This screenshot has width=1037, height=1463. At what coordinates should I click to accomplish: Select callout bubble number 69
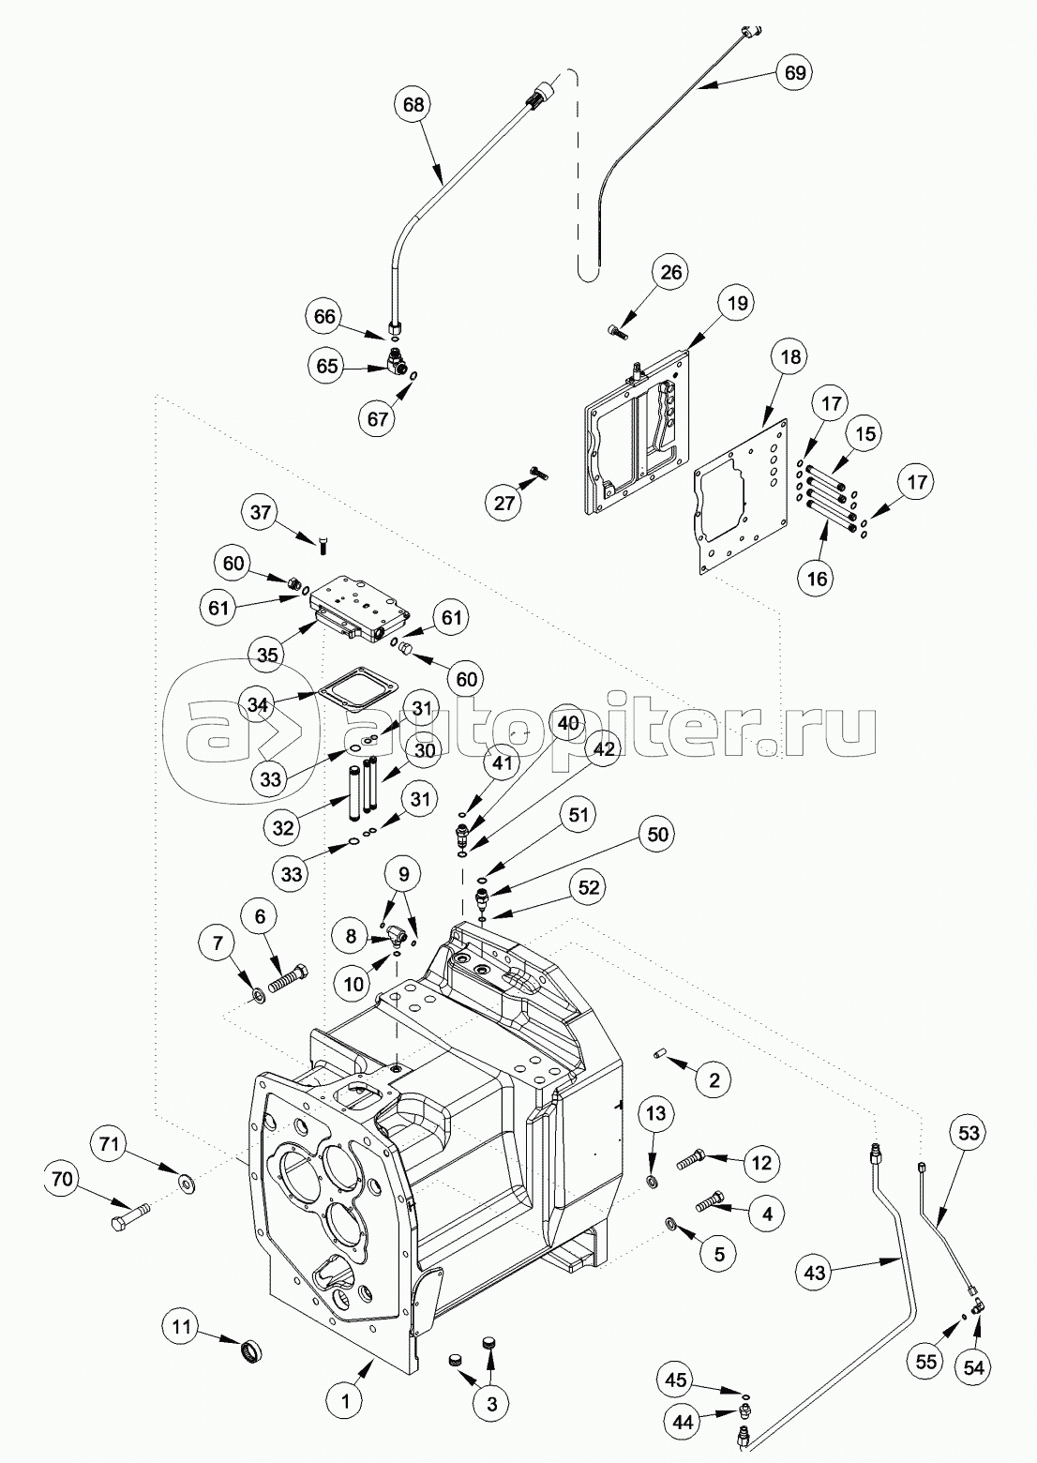[794, 71]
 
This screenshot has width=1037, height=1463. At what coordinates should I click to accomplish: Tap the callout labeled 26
[671, 273]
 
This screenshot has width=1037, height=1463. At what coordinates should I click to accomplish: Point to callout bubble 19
[737, 303]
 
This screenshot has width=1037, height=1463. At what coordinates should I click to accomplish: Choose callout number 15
[865, 434]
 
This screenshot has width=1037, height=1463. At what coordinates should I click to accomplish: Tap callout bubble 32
[283, 827]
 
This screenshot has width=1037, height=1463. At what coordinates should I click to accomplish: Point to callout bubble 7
[218, 943]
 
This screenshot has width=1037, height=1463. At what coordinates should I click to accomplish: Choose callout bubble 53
[969, 1134]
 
